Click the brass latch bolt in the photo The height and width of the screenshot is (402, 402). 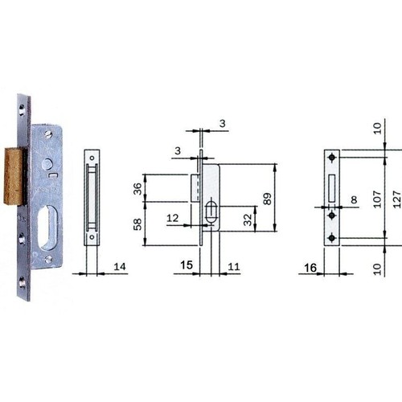coord(14,176)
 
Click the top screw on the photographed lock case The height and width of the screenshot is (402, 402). coord(48,133)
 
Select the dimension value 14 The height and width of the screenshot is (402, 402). coord(120,267)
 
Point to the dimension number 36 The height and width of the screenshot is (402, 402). coord(137,188)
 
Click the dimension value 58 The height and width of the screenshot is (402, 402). coord(137,224)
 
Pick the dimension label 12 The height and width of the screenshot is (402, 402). coord(172,218)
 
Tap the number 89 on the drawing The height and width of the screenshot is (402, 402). coord(267,199)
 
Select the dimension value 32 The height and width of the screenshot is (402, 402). coord(248,219)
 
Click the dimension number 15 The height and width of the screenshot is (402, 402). coord(187,265)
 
